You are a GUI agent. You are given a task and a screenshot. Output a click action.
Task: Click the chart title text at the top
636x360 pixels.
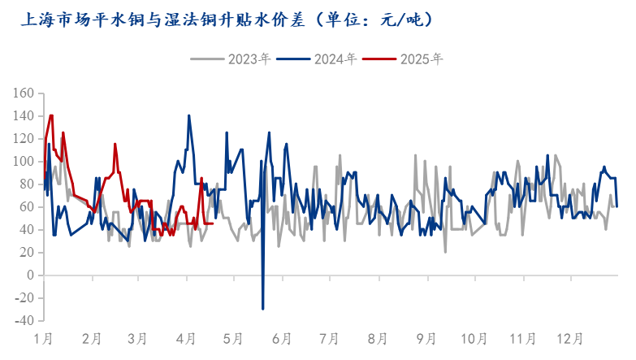[226, 18]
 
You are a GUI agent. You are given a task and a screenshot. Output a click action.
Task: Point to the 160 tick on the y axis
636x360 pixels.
[24, 93]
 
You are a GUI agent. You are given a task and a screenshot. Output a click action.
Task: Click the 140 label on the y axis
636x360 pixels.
[24, 116]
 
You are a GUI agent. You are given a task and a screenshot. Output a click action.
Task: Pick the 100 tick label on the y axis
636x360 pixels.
[24, 162]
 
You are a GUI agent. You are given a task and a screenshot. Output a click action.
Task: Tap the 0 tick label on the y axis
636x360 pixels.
[30, 275]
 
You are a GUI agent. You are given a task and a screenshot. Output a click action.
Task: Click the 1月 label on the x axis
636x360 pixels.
[44, 337]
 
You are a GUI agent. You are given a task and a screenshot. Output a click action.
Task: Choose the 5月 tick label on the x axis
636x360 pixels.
[233, 337]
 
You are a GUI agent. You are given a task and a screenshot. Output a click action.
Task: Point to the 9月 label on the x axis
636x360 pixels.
[426, 337]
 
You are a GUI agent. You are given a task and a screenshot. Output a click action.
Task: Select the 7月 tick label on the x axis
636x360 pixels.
[330, 337]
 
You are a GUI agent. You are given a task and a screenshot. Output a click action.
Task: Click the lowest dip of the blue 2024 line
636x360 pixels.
[263, 309]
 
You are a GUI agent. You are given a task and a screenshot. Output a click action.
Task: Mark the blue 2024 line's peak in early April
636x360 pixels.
[189, 115]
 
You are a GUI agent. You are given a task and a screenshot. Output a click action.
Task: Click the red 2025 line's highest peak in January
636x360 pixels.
[51, 115]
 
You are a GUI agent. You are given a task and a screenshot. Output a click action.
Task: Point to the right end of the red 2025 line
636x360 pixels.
[213, 223]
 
